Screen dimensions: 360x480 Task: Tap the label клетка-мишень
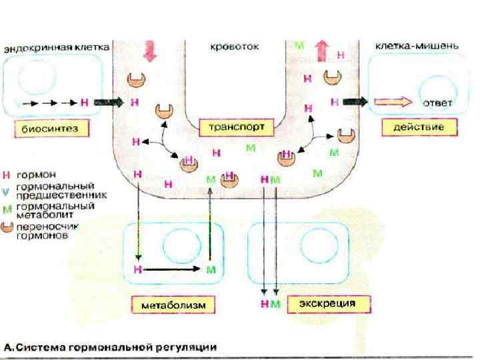[417, 47]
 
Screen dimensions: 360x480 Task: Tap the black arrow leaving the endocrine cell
[109, 103]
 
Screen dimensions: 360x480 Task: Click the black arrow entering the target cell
[355, 102]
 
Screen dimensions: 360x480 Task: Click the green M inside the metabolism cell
[211, 270]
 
